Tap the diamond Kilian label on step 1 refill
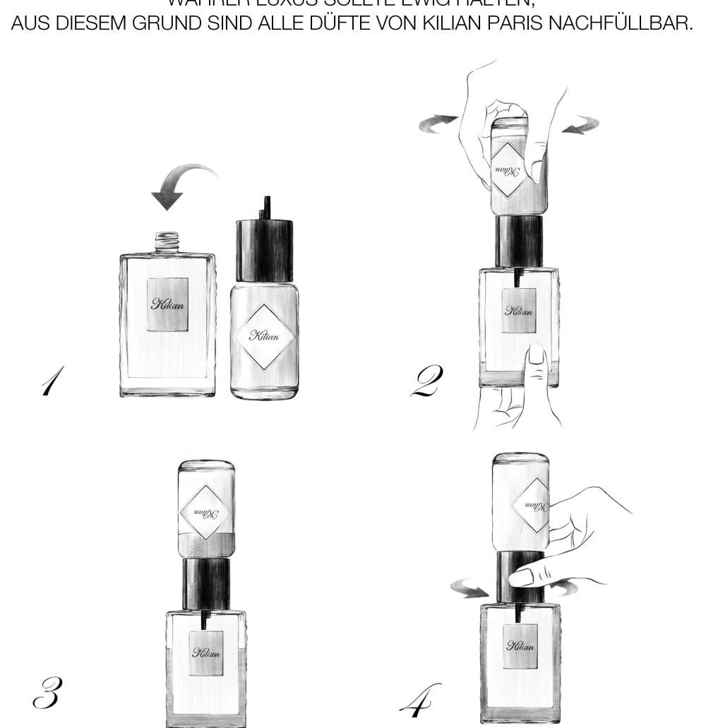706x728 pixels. [263, 336]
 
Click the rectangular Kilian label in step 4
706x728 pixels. [520, 646]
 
